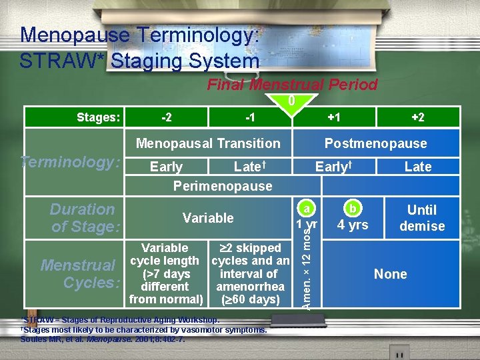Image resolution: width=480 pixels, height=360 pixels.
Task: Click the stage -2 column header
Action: [x=167, y=117]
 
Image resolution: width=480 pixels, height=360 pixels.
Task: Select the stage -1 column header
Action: [x=249, y=117]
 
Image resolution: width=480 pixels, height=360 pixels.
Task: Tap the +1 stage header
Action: [x=334, y=117]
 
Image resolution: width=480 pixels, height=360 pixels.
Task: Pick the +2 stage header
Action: [x=418, y=117]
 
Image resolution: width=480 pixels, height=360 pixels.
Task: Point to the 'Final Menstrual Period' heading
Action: [x=292, y=85]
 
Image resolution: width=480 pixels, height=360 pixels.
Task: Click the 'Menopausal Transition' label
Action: [x=208, y=143]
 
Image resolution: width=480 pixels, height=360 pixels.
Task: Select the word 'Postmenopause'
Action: [x=375, y=143]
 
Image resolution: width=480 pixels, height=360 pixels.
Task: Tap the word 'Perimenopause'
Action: [x=223, y=186]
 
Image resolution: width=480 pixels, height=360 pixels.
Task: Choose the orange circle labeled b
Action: [x=353, y=207]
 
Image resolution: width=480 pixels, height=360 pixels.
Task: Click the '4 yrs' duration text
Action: [x=353, y=225]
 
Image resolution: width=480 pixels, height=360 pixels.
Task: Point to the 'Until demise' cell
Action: [x=421, y=218]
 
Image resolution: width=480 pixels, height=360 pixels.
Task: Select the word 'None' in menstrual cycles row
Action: [x=390, y=274]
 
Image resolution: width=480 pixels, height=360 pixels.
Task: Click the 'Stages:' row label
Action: [x=98, y=118]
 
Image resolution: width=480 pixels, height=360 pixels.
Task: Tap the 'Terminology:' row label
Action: [x=71, y=162]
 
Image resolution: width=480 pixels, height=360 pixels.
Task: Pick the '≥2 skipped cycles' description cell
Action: [x=250, y=273]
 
